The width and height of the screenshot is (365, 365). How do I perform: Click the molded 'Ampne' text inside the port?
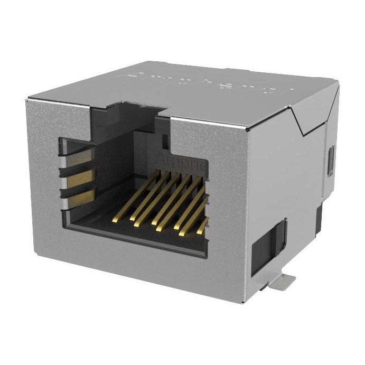(x=180, y=158)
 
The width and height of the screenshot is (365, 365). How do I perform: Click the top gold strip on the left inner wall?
(x=79, y=157)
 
